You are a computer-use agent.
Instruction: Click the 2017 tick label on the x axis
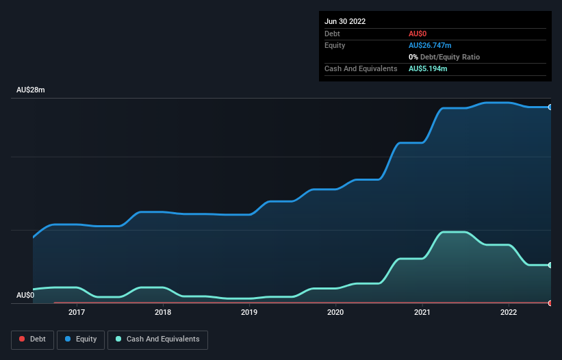point(77,312)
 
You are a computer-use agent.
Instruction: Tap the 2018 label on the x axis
point(163,312)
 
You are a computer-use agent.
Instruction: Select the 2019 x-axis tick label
point(249,312)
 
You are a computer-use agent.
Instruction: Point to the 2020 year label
point(335,312)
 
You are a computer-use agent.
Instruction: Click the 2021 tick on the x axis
point(422,312)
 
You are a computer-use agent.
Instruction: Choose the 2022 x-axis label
point(509,312)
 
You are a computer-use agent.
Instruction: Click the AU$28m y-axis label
point(31,90)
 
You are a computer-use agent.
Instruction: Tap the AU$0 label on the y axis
point(25,295)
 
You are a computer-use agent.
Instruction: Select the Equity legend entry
point(81,339)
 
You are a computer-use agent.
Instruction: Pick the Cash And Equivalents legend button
point(157,339)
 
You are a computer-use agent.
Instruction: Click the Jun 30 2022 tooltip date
point(345,21)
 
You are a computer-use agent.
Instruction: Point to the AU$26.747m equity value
point(430,45)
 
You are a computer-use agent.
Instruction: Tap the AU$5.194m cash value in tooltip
point(428,68)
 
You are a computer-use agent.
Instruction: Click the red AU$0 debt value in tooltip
point(418,34)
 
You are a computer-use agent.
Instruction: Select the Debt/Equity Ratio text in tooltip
point(447,57)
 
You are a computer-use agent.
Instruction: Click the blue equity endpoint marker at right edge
point(550,107)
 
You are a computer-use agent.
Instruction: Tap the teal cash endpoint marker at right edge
point(550,265)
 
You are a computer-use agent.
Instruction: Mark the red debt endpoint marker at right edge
point(550,303)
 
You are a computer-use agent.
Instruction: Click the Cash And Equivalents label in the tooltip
point(361,68)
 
